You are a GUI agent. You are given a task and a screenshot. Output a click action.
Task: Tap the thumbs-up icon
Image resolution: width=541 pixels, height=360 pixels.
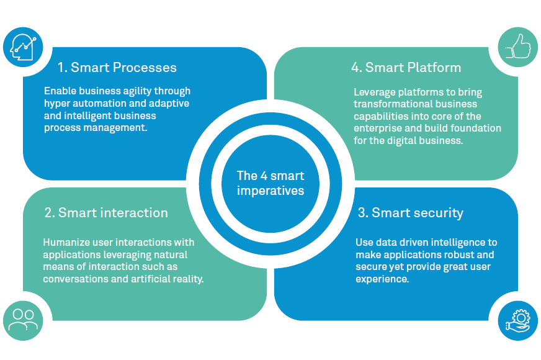coord(518,47)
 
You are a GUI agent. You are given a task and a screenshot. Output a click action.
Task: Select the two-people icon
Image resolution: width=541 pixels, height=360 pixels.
coord(23,319)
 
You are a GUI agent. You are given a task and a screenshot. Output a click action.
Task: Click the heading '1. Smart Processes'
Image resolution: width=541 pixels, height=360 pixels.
coord(117,68)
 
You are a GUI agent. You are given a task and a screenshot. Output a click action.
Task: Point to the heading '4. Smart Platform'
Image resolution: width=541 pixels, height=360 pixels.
coord(406,68)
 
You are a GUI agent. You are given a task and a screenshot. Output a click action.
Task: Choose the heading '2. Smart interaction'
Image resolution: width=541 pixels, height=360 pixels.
coord(106,213)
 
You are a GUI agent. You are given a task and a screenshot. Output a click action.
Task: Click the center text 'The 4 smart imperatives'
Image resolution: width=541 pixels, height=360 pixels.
coord(270,183)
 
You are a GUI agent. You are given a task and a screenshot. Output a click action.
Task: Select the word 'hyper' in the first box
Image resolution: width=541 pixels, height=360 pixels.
coord(58,104)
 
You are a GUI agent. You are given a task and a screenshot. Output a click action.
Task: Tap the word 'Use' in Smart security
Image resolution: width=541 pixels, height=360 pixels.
coord(364,242)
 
